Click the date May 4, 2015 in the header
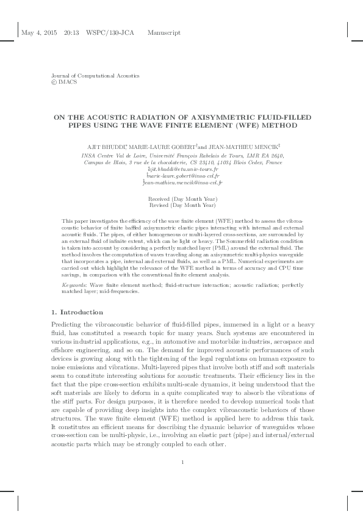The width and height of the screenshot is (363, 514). coord(38,32)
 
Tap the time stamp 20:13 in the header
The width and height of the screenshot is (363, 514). coord(71,32)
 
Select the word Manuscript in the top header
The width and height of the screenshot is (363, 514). coord(164,32)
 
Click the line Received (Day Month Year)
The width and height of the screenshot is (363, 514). coord(182,200)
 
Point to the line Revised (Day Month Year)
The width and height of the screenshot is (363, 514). coord(182,206)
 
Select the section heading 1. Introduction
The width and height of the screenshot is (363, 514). coord(73,312)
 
